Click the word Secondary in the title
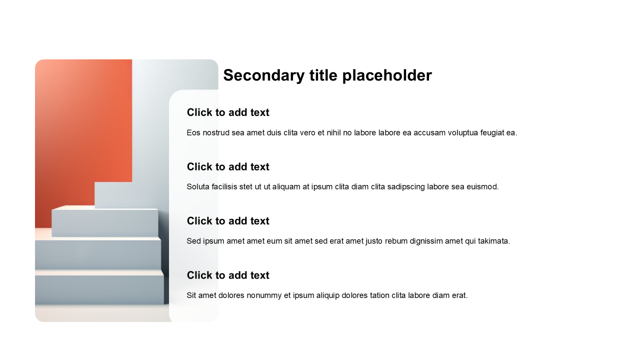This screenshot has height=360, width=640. tap(264, 75)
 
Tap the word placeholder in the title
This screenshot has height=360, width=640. tap(387, 75)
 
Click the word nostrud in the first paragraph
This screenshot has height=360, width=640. tap(216, 133)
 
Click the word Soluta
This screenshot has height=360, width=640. tap(198, 187)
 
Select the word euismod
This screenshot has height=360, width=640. tap(482, 187)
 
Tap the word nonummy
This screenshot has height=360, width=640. tap(264, 295)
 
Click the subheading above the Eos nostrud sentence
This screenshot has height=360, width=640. tap(228, 112)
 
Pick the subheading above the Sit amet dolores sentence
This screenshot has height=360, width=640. tap(228, 275)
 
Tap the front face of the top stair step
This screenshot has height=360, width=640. tap(105, 223)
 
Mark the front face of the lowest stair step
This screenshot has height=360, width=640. tap(99, 289)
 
